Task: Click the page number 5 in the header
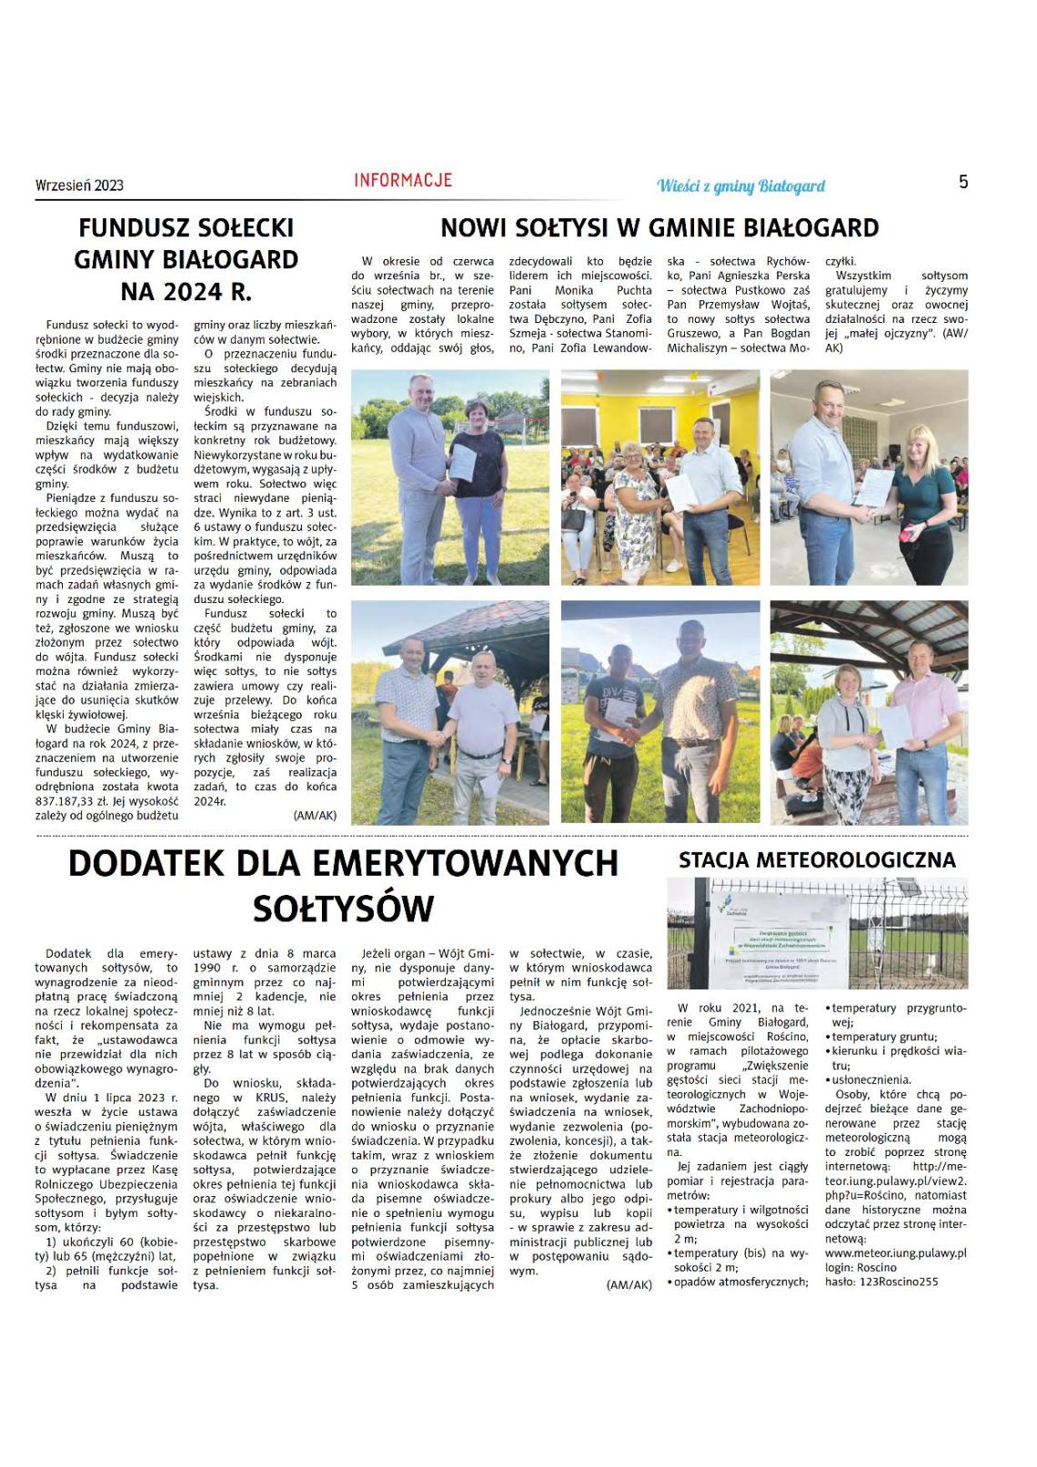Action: (x=963, y=182)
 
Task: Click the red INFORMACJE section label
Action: (x=403, y=180)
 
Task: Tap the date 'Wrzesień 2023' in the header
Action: (x=79, y=186)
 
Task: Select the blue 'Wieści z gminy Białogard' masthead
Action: (x=740, y=186)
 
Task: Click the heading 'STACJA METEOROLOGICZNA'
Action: (x=817, y=860)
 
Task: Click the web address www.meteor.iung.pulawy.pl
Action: (x=895, y=1252)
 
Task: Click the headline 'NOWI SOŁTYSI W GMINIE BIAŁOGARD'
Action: (x=659, y=227)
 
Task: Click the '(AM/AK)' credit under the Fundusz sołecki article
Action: (x=315, y=816)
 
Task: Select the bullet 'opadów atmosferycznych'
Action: (x=740, y=1281)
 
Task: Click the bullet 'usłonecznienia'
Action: (x=871, y=1080)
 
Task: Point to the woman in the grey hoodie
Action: (x=847, y=718)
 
